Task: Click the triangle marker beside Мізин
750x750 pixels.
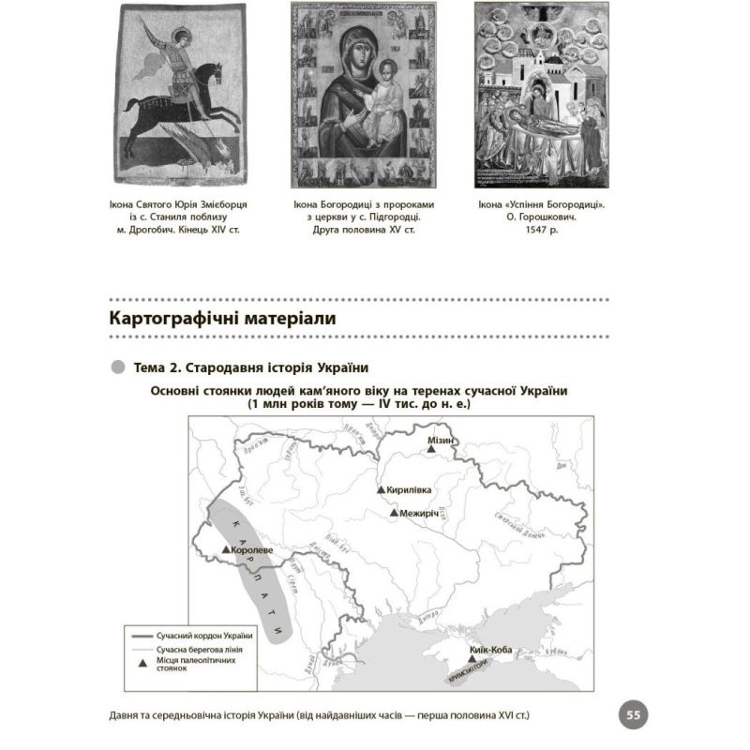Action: pyautogui.click(x=431, y=451)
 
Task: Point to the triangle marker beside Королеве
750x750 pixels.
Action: pyautogui.click(x=226, y=550)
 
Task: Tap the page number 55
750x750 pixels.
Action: pyautogui.click(x=633, y=715)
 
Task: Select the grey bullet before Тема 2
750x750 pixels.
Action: pyautogui.click(x=117, y=366)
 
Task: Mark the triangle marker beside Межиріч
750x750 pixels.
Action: pyautogui.click(x=394, y=513)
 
